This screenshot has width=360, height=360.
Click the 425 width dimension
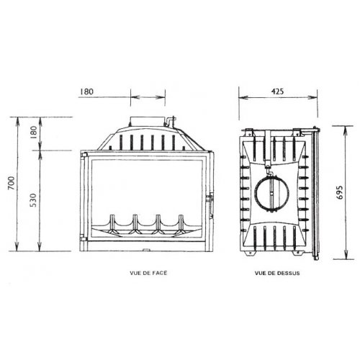pyautogui.click(x=277, y=93)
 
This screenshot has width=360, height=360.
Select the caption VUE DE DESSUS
pyautogui.click(x=276, y=274)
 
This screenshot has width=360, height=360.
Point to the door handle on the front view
pyautogui.click(x=210, y=199)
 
